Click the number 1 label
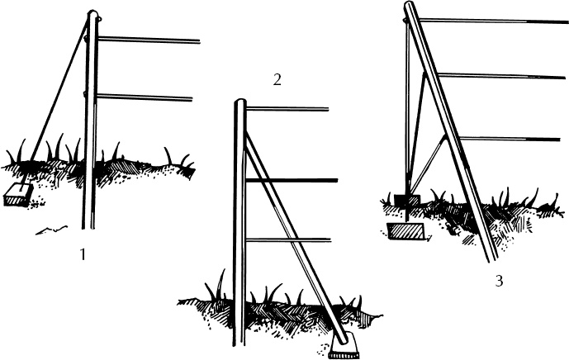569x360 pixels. tap(83, 254)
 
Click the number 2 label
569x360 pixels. tap(277, 80)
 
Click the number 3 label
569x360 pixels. tap(499, 281)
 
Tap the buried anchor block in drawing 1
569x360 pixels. tap(17, 195)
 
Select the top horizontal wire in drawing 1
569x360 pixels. tap(149, 40)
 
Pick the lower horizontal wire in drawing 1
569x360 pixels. tap(144, 97)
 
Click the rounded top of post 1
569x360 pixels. tap(92, 13)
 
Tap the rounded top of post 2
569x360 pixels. tap(239, 102)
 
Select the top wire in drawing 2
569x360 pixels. tap(287, 108)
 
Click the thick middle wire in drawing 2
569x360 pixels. tap(292, 180)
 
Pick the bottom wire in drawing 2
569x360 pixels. tap(288, 240)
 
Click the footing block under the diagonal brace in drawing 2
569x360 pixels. tap(344, 346)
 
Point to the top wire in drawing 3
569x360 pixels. tap(494, 21)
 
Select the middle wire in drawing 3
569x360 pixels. tap(502, 76)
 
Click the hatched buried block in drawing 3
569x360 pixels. tap(405, 231)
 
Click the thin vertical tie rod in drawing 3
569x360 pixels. tap(407, 120)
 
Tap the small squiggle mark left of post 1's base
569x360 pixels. tap(51, 230)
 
